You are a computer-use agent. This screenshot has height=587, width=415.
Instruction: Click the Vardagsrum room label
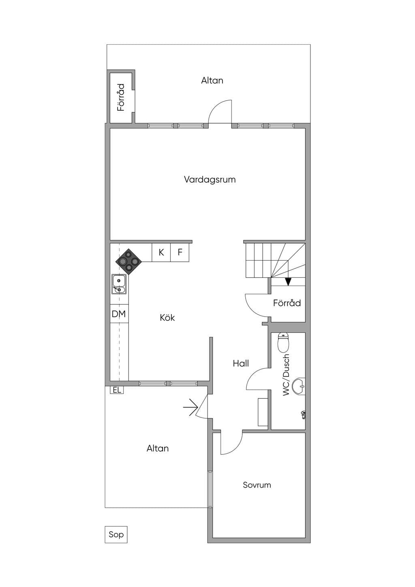pyautogui.click(x=210, y=180)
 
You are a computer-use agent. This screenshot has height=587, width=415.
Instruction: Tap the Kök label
pyautogui.click(x=167, y=318)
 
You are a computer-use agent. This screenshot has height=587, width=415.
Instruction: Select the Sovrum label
pyautogui.click(x=257, y=485)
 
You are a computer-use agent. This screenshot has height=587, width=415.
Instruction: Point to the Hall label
pyautogui.click(x=241, y=363)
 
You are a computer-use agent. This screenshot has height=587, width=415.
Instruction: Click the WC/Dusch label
pyautogui.click(x=286, y=375)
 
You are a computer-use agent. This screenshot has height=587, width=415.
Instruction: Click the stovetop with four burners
pyautogui.click(x=128, y=261)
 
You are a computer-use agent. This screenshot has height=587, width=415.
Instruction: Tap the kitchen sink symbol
pyautogui.click(x=119, y=284)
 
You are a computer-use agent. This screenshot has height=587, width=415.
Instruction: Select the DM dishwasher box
pyautogui.click(x=119, y=314)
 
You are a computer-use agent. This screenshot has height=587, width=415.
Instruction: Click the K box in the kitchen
pyautogui.click(x=161, y=253)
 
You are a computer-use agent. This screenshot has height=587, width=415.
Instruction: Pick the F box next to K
pyautogui.click(x=180, y=253)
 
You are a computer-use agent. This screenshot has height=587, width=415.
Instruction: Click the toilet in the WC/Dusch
pyautogui.click(x=283, y=343)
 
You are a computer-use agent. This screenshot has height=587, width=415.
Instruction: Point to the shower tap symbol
pyautogui.click(x=303, y=415)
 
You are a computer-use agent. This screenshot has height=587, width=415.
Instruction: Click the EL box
pyautogui.click(x=117, y=390)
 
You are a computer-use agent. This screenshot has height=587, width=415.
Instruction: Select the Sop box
pyautogui.click(x=116, y=535)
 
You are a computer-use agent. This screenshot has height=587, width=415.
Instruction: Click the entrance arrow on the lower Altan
pyautogui.click(x=190, y=407)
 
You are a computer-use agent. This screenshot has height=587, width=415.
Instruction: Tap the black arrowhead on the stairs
pyautogui.click(x=288, y=282)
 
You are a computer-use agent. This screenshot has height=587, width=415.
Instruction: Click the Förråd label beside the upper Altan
pyautogui.click(x=121, y=97)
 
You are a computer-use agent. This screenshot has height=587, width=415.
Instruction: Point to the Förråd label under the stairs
pyautogui.click(x=287, y=303)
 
